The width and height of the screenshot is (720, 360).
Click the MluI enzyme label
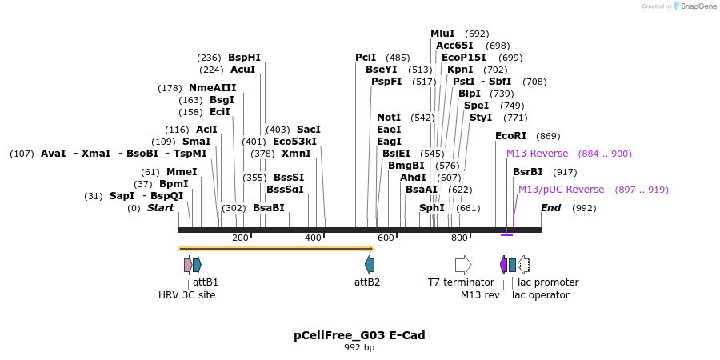pos(442,34)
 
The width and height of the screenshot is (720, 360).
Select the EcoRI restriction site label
pos(511,136)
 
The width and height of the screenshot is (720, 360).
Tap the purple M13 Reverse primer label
pos(537,154)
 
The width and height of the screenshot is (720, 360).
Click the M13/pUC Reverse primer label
pos(561,190)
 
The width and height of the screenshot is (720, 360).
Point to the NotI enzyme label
pos(389,118)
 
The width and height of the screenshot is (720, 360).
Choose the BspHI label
pos(244,58)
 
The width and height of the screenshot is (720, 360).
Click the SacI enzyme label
pos(309,130)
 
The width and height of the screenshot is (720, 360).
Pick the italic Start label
pos(160,208)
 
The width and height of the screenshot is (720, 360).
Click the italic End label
pos(551,208)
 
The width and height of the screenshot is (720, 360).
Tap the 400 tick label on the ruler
pos(313,238)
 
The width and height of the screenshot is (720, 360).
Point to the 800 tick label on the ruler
pos(459,238)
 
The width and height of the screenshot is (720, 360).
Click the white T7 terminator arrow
pos(463,265)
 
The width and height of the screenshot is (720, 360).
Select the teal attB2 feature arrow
pos(370,265)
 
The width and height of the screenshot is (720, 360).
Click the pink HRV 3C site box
pos(187,265)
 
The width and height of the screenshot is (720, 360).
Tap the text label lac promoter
pos(548,282)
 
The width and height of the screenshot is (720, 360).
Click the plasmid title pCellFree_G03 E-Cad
pos(359,335)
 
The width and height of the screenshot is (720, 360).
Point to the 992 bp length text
pos(359,348)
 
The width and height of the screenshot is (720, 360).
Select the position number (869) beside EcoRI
pos(548,136)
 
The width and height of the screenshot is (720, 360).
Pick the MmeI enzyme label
pos(182,172)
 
